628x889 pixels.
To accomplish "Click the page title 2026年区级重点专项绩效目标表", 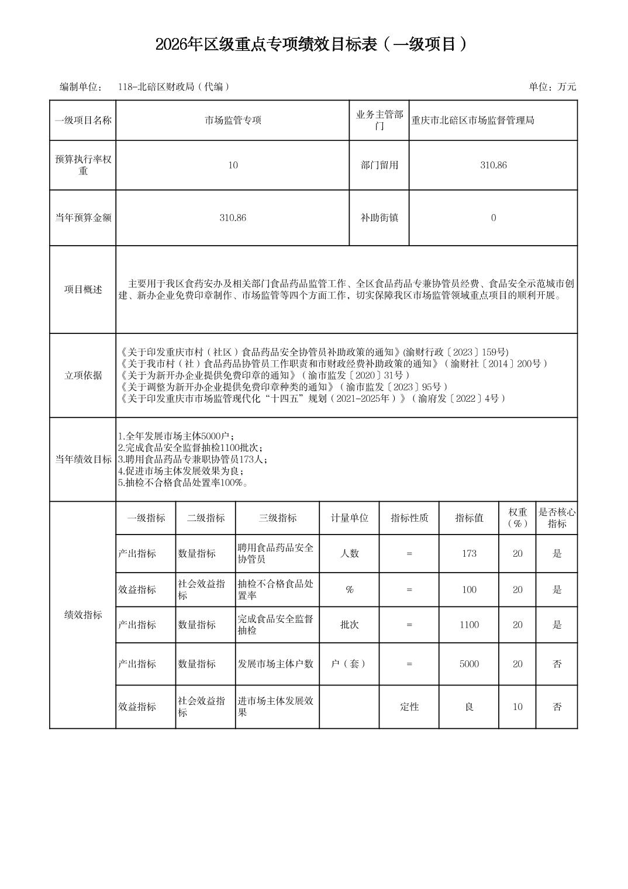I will [x=313, y=44].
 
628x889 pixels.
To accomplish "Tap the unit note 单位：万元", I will [x=552, y=87].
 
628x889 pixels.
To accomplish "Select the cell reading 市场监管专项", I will [x=233, y=120].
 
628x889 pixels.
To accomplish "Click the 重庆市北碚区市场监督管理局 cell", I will [x=472, y=120].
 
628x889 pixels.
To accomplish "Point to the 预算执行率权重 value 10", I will [x=233, y=165].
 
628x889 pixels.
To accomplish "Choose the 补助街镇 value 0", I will [x=493, y=218].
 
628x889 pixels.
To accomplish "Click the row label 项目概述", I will [x=82, y=290].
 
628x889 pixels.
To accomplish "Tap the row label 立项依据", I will [x=82, y=375].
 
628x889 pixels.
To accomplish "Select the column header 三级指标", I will [x=277, y=518].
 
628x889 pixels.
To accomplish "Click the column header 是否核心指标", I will [x=557, y=518].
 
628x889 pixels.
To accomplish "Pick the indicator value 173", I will [x=469, y=553].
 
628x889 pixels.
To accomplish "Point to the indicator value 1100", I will [x=469, y=625].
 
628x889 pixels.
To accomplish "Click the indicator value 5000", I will [x=469, y=664].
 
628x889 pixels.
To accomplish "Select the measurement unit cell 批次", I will [x=349, y=625].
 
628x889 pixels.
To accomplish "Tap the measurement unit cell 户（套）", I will [x=349, y=664].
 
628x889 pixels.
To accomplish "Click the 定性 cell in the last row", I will [x=409, y=707].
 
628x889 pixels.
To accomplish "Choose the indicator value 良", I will [x=469, y=707].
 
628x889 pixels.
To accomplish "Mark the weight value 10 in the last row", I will [x=517, y=707].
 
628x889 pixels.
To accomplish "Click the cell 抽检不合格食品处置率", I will [x=275, y=590].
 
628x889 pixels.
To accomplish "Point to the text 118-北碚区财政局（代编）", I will [x=173, y=87].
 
